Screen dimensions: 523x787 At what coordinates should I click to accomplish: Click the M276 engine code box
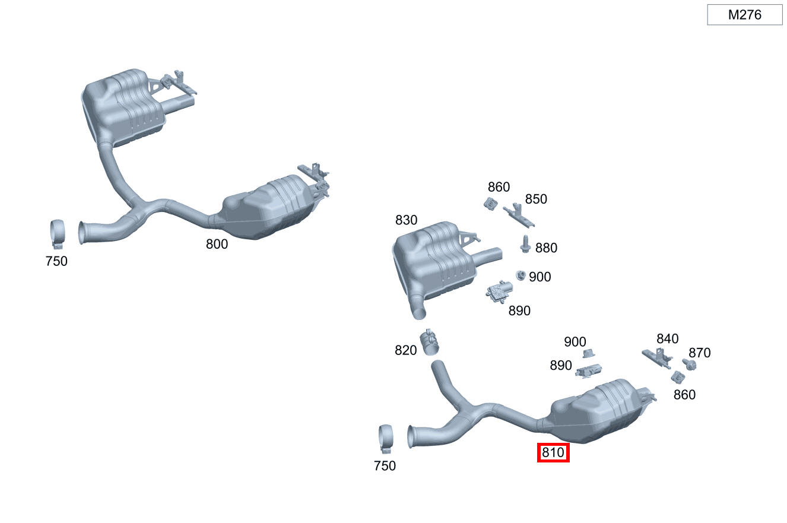coord(744,15)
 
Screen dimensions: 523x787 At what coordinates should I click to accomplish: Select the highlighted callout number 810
coord(553,453)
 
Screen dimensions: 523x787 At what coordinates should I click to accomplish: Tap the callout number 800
coord(217,243)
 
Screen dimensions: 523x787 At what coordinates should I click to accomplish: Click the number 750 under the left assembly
coord(56,261)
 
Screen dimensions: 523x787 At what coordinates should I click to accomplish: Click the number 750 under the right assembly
coord(385,466)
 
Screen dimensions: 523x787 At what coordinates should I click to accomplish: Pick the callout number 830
coord(406,220)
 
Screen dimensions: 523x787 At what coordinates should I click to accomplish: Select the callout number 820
coord(406,351)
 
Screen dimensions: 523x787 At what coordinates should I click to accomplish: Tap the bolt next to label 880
coord(525,244)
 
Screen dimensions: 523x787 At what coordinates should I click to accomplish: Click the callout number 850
coord(536,199)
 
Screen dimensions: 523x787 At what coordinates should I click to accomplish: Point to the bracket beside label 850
coord(518,215)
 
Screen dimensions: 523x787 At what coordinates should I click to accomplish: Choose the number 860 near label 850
coord(499,187)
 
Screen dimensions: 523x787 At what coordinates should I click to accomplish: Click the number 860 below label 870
coord(684,395)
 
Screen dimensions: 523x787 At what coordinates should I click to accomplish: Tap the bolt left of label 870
coord(688,364)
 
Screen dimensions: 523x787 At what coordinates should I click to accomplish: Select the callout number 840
coord(667,339)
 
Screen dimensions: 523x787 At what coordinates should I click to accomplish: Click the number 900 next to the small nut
coord(540,277)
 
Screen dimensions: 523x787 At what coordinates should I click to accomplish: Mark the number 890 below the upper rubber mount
coord(519,310)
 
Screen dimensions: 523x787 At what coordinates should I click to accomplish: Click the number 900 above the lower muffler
coord(575,342)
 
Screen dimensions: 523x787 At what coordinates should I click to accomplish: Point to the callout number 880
coord(546,248)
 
